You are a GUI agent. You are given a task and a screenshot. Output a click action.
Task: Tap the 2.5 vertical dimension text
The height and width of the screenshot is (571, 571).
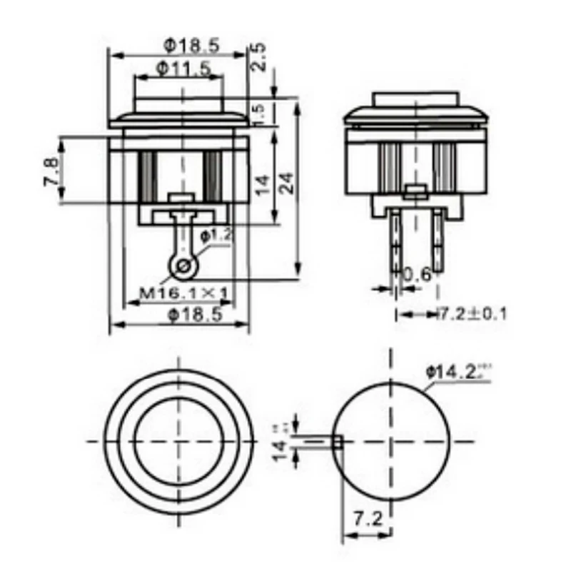260,58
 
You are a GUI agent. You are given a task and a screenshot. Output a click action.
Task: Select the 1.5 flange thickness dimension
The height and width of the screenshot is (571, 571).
260,112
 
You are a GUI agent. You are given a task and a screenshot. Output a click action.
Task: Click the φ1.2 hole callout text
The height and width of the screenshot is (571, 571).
214,235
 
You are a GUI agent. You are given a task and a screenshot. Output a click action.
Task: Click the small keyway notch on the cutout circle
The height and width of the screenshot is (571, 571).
338,442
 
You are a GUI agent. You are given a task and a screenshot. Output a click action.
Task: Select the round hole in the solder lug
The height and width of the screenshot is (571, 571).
183,267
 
